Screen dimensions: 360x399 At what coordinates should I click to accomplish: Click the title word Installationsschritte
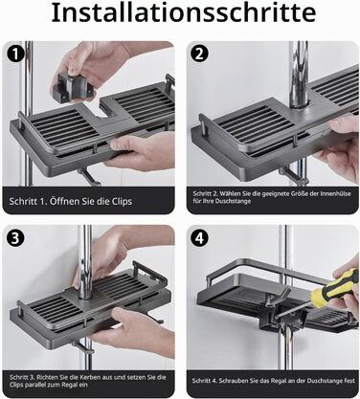click(184, 12)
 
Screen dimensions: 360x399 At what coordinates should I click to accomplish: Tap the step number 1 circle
click(15, 55)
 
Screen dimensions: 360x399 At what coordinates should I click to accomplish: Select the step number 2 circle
click(199, 54)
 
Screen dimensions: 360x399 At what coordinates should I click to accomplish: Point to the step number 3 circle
click(15, 238)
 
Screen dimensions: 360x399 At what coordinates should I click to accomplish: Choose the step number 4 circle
click(200, 238)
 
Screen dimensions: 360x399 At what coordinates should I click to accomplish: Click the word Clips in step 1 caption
click(122, 202)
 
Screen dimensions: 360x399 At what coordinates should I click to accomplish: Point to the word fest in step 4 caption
click(349, 381)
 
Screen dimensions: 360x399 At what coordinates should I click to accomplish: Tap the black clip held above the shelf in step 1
click(73, 87)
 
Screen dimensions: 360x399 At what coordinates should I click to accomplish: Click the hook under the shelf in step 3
click(83, 347)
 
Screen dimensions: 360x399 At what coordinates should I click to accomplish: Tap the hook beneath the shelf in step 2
click(292, 175)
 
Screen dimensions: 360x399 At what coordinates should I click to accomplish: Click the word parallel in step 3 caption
click(34, 385)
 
